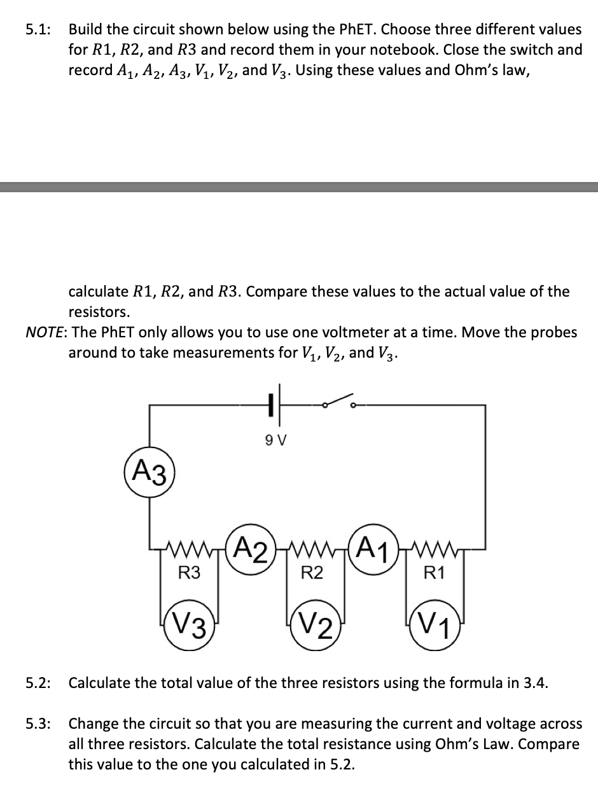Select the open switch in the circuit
coord(338,401)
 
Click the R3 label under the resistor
coord(188,572)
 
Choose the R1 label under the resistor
coord(433,572)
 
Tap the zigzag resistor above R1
coord(433,547)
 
